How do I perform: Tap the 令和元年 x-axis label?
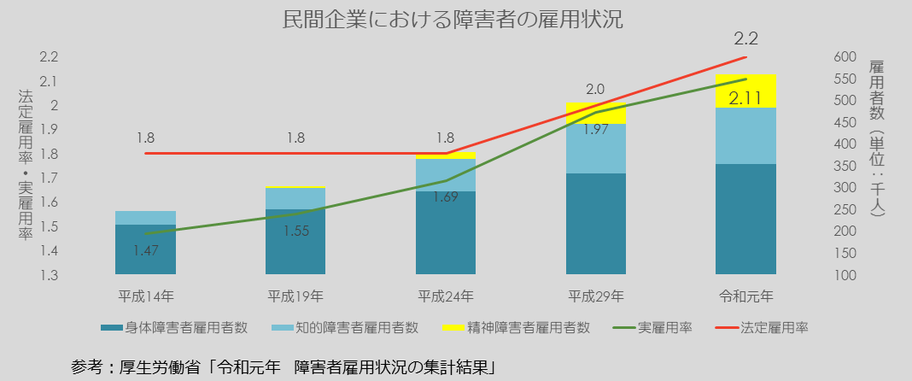(746, 297)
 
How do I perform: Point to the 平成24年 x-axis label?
(446, 297)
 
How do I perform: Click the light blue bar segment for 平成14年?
(145, 218)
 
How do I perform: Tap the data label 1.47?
(146, 251)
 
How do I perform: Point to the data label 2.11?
(745, 98)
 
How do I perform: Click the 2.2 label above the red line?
(745, 38)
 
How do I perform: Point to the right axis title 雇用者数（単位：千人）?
(876, 137)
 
